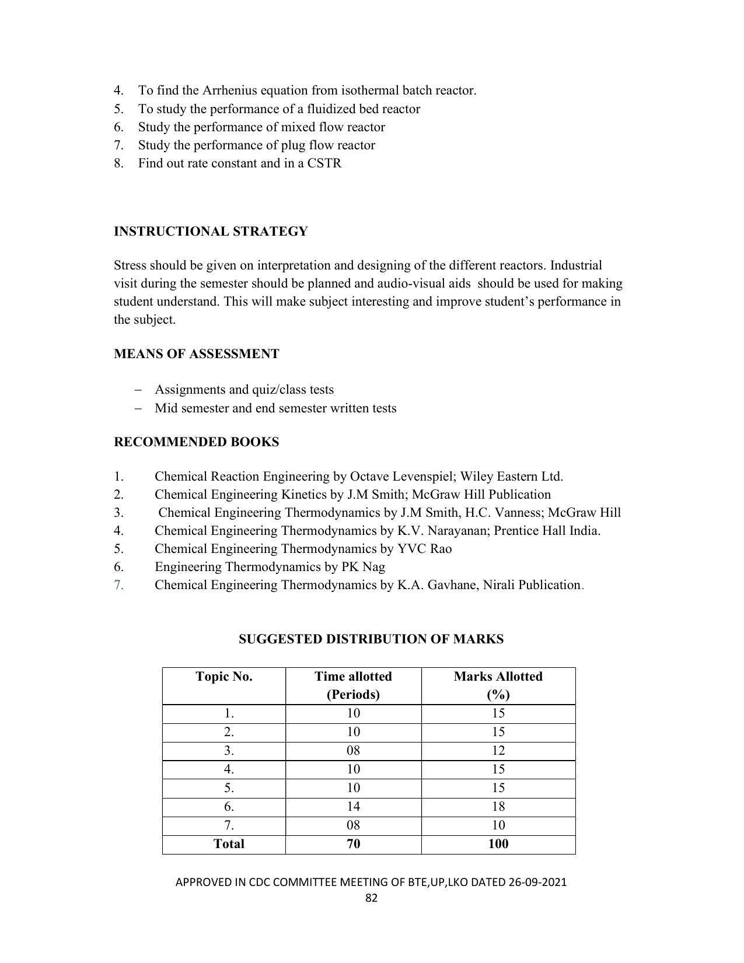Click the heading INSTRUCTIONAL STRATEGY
tap(211, 232)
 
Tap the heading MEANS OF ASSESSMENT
tap(196, 354)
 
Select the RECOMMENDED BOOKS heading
tap(196, 442)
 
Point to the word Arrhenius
tap(229, 90)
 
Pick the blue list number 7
tap(118, 585)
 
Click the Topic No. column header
tap(224, 677)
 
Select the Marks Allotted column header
tap(498, 677)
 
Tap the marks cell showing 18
tap(498, 807)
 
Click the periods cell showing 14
tap(353, 807)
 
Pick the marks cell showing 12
tap(498, 751)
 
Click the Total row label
tap(229, 844)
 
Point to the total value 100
tap(498, 844)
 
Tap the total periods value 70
tap(353, 844)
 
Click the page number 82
tap(371, 898)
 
